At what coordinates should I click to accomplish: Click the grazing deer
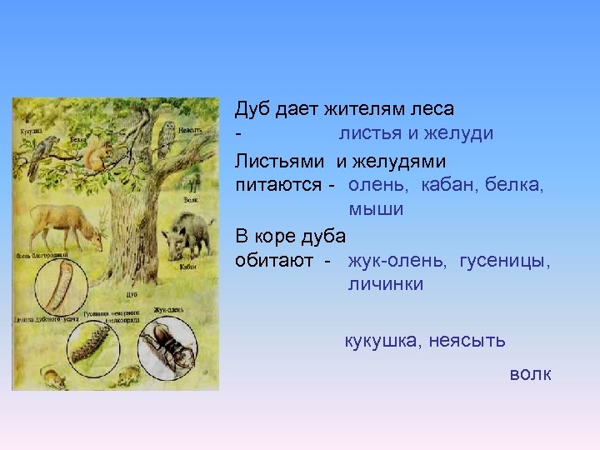67,226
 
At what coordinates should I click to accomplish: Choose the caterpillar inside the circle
92,342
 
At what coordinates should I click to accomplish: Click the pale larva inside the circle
57,288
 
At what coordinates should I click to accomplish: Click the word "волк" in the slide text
530,374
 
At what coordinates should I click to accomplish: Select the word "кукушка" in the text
382,341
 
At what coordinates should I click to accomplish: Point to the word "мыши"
376,209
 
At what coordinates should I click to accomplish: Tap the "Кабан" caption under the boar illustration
189,267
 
